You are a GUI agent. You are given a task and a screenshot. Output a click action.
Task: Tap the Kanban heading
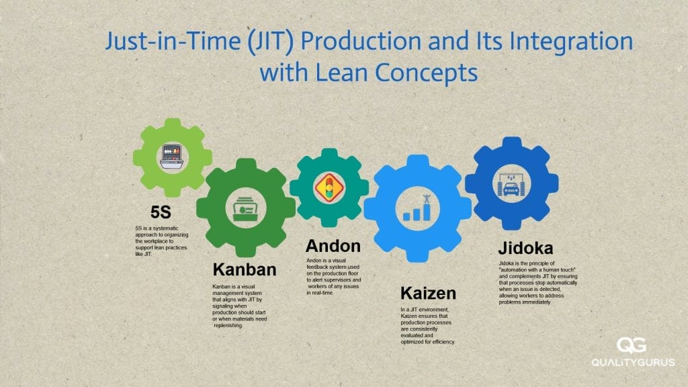(245, 270)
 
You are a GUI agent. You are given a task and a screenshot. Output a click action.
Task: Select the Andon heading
(333, 246)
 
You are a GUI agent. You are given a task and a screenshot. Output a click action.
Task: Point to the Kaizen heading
(428, 294)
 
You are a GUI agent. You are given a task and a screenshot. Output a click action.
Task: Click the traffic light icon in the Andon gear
(329, 186)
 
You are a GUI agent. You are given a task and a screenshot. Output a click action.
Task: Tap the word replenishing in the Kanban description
(234, 325)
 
